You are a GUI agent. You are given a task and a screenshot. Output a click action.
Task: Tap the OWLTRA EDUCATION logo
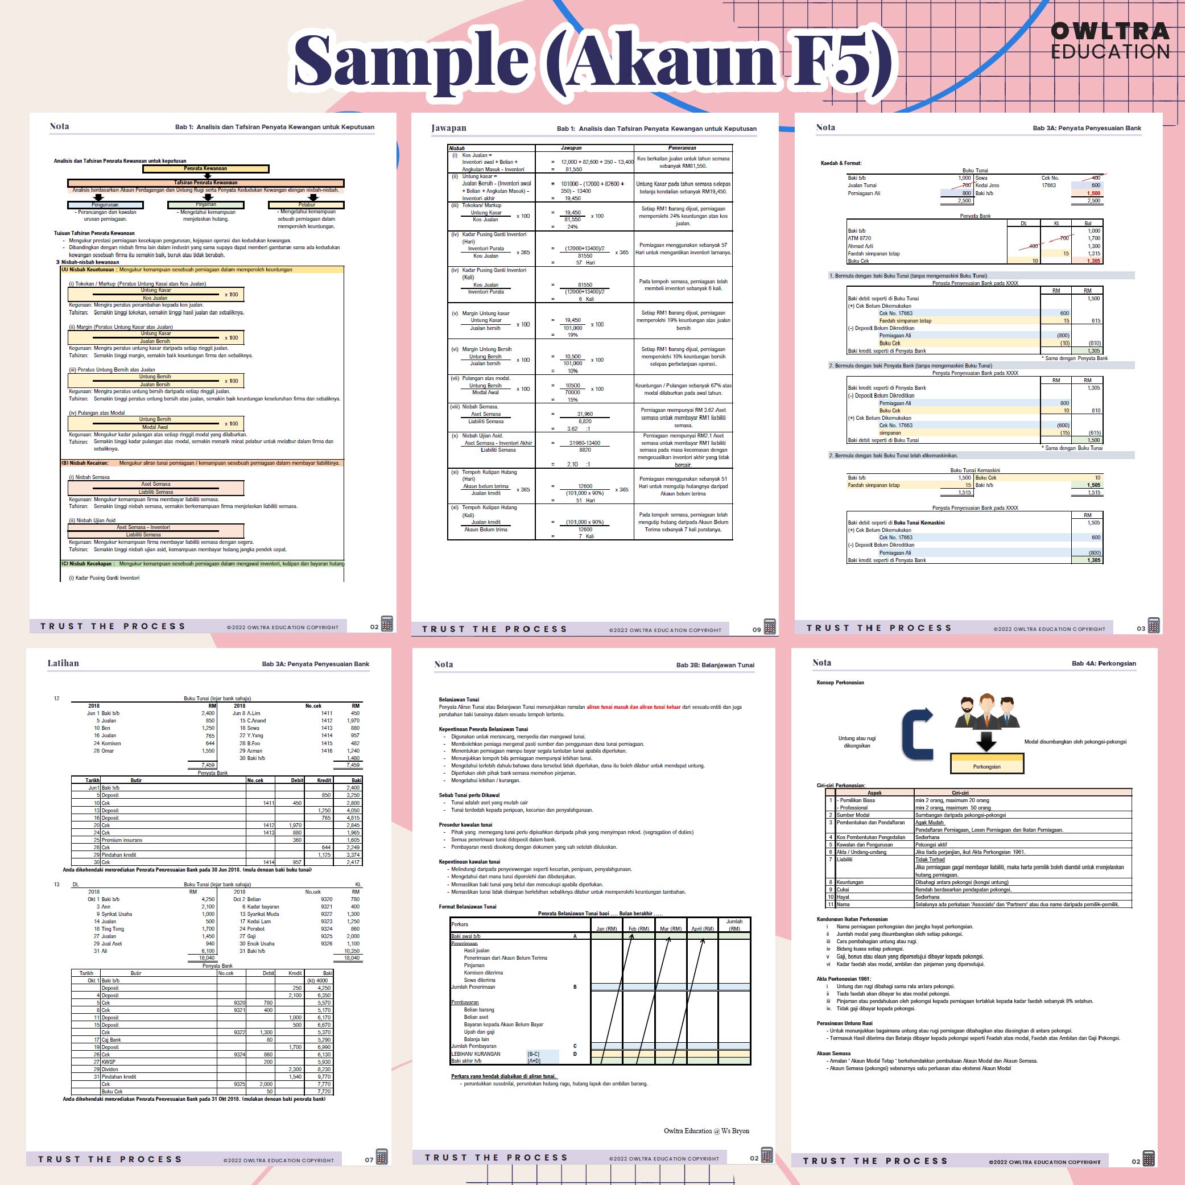1110,40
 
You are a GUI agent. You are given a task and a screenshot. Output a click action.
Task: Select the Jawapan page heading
448,128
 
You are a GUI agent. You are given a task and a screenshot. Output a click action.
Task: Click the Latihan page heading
63,663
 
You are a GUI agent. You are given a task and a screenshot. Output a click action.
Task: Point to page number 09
756,629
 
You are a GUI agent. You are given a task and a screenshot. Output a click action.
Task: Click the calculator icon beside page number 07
382,1157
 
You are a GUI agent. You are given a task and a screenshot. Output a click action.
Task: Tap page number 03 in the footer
1141,629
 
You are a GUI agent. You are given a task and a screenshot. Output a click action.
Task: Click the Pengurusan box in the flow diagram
105,205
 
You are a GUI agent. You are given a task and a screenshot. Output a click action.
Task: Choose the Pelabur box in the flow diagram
306,205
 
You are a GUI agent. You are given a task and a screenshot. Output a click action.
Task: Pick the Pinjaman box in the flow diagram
205,205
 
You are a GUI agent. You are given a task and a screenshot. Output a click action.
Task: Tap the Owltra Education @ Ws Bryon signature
706,1131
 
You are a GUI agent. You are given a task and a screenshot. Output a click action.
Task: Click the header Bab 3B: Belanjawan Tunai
715,665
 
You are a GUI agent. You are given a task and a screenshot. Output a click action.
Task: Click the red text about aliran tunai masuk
634,707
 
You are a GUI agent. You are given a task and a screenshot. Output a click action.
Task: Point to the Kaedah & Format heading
841,163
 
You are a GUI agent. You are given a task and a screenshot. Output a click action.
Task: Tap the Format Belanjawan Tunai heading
468,907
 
